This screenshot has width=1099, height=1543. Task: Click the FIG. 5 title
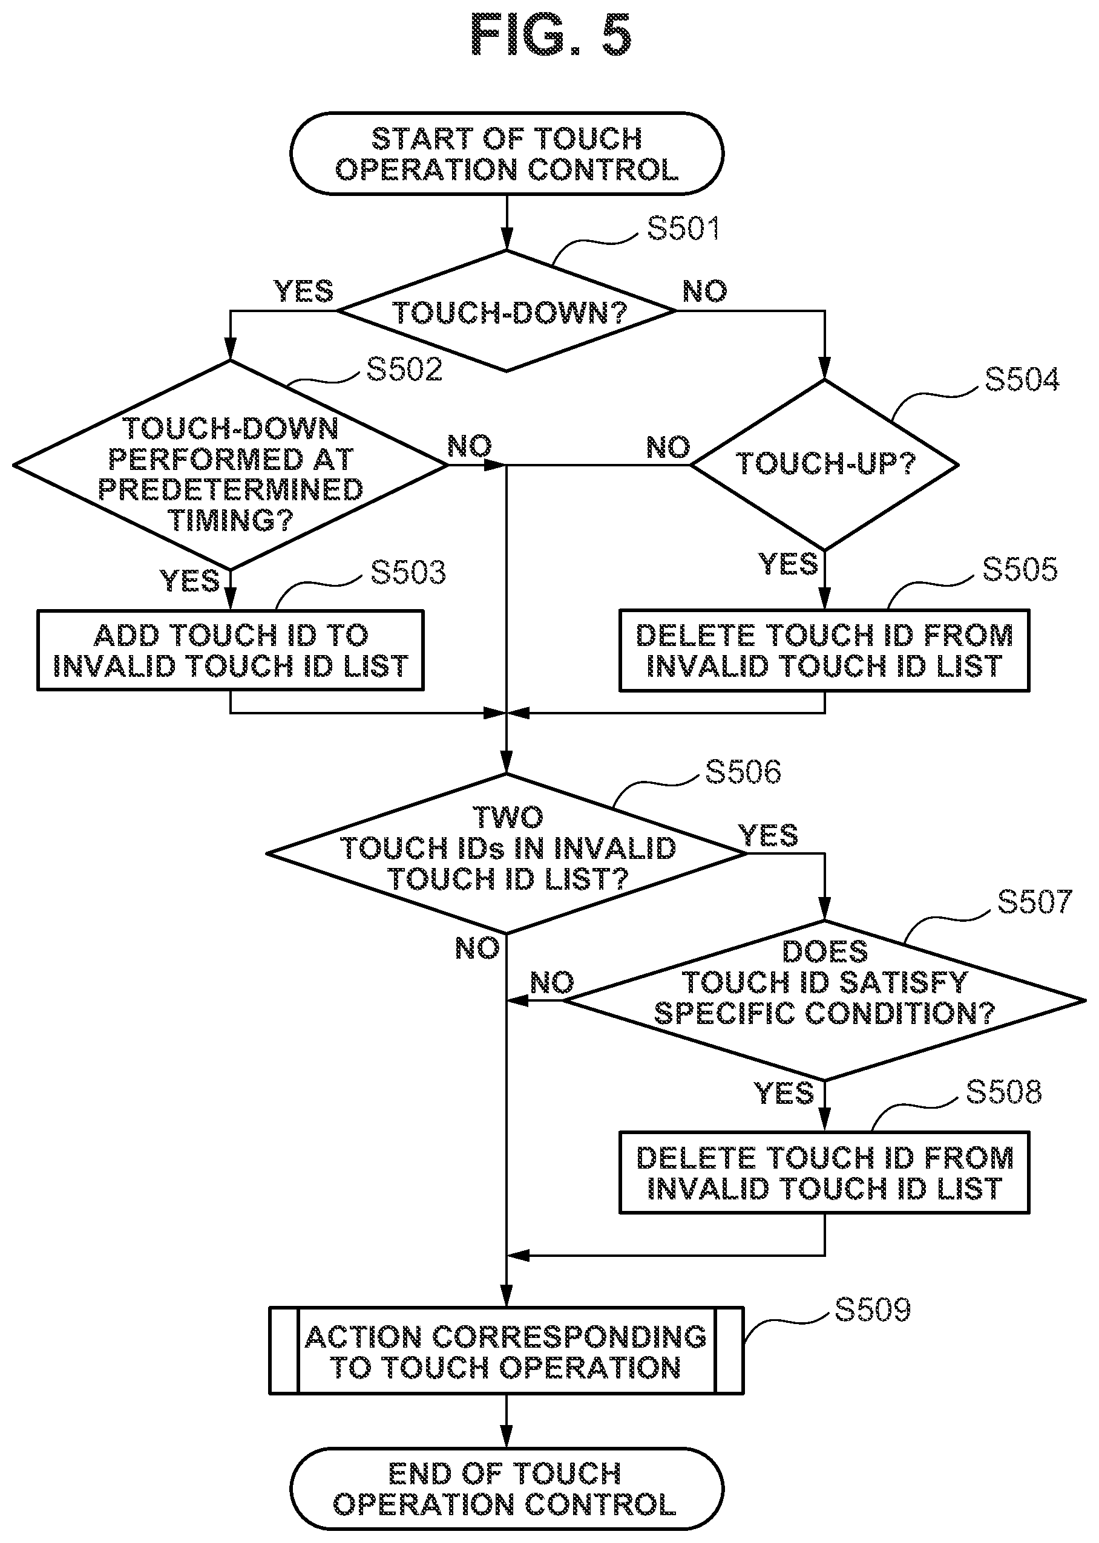[x=551, y=35]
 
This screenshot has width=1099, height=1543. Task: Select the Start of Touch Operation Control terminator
[x=507, y=154]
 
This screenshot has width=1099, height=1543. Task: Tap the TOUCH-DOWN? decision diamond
[x=507, y=311]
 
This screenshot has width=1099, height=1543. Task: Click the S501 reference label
[x=683, y=228]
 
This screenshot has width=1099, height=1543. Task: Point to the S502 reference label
[x=404, y=370]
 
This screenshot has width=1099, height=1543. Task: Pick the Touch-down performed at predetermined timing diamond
[x=230, y=465]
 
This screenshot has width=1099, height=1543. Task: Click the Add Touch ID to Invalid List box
[x=230, y=651]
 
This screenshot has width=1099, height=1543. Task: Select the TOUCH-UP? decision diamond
[x=824, y=465]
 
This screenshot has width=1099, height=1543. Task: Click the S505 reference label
[x=1020, y=570]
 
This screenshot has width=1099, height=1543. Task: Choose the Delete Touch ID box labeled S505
[x=824, y=651]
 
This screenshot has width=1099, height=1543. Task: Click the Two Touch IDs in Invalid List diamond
[x=507, y=853]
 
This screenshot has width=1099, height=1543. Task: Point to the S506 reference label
[x=743, y=772]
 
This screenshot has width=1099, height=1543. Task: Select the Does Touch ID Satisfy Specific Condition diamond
[x=824, y=1000]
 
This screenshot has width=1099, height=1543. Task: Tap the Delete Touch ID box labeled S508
[x=824, y=1173]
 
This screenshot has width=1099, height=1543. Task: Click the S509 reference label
[x=872, y=1310]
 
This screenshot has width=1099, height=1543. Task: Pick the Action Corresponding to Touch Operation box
[x=507, y=1351]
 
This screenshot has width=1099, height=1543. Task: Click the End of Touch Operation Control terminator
[x=507, y=1489]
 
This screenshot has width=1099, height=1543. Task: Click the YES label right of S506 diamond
[x=768, y=836]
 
